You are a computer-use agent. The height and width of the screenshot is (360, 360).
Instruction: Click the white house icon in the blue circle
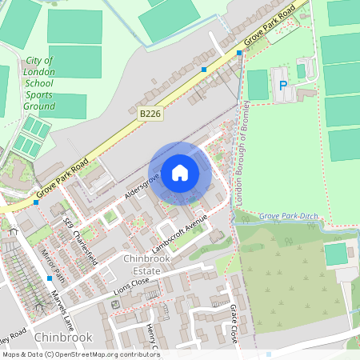point(180,173)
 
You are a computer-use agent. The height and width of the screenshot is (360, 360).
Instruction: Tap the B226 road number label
point(150,114)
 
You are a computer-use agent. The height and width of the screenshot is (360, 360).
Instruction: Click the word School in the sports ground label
point(39,83)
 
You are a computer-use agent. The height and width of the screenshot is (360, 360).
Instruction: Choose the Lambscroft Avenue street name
point(180,234)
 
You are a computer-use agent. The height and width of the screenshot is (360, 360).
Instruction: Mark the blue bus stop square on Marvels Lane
point(50,278)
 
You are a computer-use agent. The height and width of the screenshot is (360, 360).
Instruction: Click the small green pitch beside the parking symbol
point(258,84)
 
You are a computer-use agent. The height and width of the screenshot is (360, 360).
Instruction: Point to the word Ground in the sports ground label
point(39,106)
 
